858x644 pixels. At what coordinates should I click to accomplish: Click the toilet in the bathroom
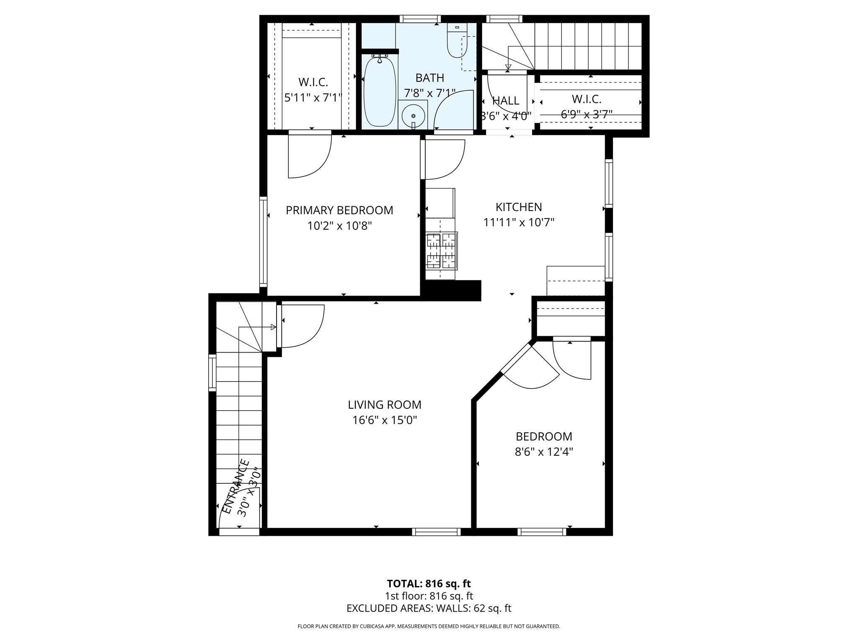point(457,42)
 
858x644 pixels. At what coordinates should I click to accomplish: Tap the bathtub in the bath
point(380,92)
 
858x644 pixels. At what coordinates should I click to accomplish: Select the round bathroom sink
point(413,115)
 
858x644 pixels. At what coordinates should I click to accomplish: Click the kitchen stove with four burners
point(441,251)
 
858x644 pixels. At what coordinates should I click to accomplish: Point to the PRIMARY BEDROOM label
point(339,210)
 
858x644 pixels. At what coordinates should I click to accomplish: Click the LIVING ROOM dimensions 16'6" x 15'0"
point(385,420)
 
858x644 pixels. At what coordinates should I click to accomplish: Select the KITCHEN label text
point(519,207)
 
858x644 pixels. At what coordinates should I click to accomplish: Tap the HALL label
point(506,101)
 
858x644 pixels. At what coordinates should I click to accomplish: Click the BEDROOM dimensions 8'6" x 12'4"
point(544,452)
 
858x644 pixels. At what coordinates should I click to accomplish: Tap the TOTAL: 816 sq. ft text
point(429,584)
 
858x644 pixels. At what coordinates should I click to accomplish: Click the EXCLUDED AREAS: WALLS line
point(429,608)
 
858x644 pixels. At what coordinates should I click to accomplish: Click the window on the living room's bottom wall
point(436,532)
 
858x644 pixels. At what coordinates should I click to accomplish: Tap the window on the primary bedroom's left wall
point(263,242)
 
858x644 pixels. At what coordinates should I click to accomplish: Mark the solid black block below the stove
point(452,290)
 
